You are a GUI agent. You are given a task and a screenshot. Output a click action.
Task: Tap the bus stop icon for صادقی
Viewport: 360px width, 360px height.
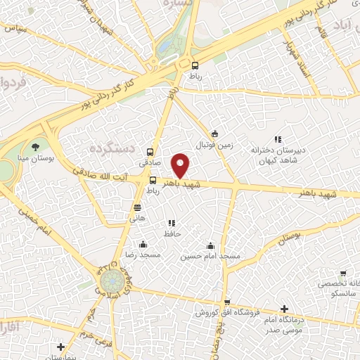[150, 151]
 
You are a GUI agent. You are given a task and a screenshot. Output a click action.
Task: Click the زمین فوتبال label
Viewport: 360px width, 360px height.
[213, 145]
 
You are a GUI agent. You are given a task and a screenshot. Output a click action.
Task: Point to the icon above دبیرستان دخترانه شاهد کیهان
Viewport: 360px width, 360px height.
[278, 139]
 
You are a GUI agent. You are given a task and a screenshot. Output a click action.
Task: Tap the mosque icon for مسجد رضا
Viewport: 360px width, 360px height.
[143, 245]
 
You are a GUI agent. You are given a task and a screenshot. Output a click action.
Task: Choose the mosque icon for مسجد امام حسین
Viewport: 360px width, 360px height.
[210, 245]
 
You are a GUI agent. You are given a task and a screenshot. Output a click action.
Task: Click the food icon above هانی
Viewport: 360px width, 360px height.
[138, 207]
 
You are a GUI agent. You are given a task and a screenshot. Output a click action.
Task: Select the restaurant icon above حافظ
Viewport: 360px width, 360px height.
[172, 223]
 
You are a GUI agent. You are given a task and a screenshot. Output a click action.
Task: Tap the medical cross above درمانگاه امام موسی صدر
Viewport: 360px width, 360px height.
[283, 309]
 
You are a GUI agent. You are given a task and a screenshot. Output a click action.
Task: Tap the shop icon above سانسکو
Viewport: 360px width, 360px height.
[342, 274]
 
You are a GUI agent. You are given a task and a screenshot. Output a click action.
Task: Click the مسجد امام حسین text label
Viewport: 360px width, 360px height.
[210, 257]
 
